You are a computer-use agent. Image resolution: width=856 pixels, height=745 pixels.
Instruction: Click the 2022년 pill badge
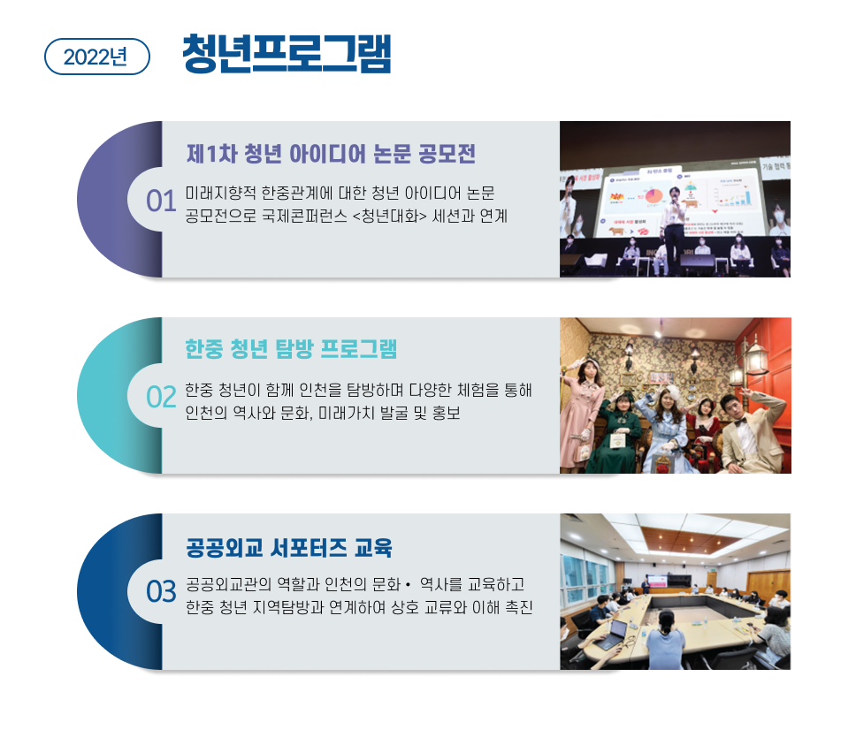tap(96, 57)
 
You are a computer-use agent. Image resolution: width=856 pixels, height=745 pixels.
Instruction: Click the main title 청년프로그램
tap(287, 53)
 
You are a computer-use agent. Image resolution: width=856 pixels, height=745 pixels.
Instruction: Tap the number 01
tap(161, 201)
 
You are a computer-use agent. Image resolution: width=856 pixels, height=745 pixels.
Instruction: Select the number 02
tap(161, 397)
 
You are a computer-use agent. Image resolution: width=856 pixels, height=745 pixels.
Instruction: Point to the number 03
tap(161, 592)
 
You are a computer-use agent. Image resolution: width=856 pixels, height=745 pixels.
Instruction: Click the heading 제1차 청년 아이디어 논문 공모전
tap(331, 153)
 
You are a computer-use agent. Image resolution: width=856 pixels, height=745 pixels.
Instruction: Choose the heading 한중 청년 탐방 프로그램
tap(291, 348)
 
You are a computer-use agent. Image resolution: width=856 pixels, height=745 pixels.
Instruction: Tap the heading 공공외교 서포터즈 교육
tap(289, 548)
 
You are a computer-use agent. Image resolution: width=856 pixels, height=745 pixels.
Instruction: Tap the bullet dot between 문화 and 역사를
tap(408, 585)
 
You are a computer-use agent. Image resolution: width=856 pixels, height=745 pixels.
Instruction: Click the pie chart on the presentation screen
tap(653, 196)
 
